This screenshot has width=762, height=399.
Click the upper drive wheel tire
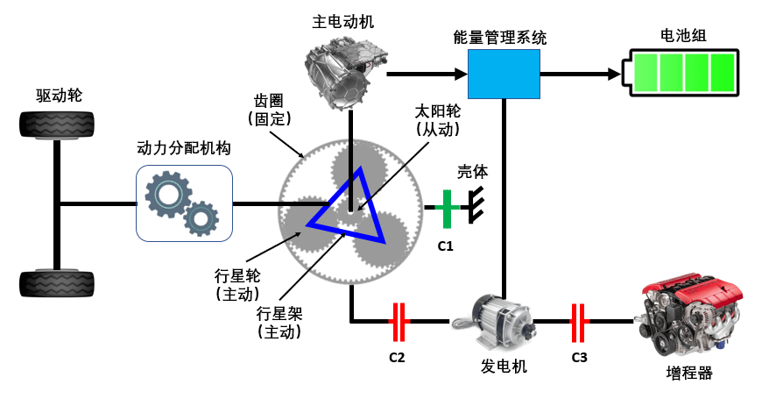(56, 125)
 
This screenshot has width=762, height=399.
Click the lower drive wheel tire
(56, 283)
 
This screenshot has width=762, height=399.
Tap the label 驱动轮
(59, 96)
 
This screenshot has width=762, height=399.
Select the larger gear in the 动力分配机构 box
(168, 194)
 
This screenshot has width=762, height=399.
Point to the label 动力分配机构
(184, 148)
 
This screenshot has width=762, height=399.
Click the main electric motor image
(347, 75)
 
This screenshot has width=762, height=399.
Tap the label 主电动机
(343, 22)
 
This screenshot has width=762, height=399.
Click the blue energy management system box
(504, 74)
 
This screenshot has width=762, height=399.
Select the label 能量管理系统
(500, 38)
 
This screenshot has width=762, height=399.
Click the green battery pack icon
(681, 73)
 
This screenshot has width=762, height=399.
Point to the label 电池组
(683, 36)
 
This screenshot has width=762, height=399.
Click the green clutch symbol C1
(447, 208)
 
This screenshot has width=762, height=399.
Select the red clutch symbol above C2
(399, 322)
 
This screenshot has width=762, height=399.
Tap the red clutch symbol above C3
(579, 322)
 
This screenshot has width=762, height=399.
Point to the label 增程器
(689, 374)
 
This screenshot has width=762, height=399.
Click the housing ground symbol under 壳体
(476, 205)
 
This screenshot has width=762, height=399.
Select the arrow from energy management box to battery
(581, 74)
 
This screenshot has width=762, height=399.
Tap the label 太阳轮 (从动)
(437, 119)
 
